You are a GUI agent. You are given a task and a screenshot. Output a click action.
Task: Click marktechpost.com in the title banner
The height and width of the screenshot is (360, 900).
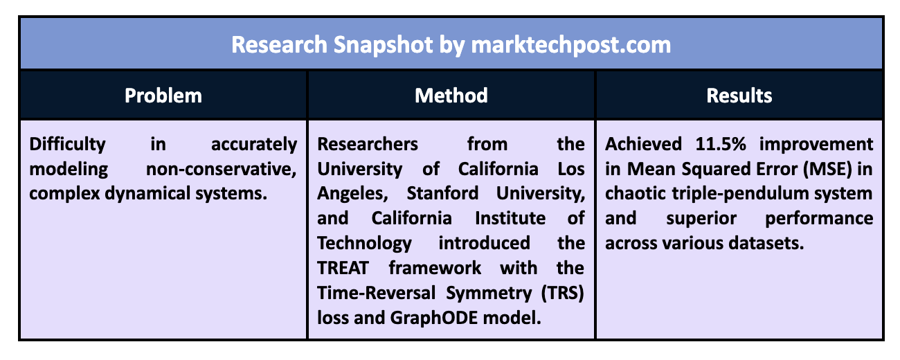tap(571, 45)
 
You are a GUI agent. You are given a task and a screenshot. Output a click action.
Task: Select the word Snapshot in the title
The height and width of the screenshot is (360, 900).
tap(383, 45)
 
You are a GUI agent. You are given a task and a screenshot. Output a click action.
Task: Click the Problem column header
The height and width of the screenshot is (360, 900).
tap(163, 96)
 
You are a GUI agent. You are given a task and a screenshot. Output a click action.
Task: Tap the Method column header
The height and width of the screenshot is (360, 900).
tap(451, 96)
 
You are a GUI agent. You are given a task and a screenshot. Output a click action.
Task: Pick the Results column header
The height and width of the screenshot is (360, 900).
tap(739, 96)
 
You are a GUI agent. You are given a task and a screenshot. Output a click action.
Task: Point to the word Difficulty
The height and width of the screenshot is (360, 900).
tap(68, 145)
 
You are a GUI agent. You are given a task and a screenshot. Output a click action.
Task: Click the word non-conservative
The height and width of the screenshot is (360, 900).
tap(222, 169)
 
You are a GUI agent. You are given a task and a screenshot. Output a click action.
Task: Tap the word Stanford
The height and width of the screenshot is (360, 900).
tap(442, 193)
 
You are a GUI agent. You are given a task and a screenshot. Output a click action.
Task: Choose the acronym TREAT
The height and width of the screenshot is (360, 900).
tap(343, 268)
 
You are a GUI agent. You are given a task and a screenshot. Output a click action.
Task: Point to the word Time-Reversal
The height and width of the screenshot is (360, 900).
tap(376, 293)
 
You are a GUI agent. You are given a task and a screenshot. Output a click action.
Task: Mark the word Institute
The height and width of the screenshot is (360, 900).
tap(510, 218)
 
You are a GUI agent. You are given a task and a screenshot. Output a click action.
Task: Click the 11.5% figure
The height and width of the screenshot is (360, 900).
tap(721, 144)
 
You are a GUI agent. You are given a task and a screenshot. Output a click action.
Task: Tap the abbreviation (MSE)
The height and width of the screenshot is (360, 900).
tap(828, 169)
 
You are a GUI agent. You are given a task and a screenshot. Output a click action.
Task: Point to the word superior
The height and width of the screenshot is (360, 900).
tap(701, 219)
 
